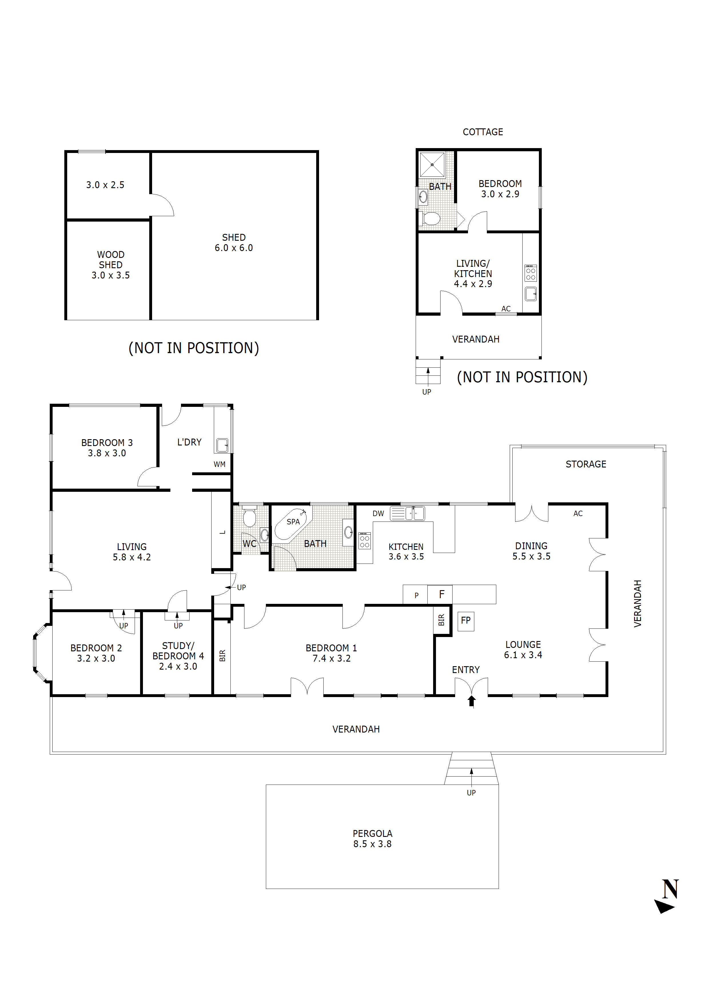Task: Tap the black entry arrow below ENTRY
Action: click(471, 701)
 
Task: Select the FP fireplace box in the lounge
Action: click(466, 620)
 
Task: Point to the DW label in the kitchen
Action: click(378, 514)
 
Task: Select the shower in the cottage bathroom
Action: click(432, 165)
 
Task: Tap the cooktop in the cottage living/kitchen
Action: click(531, 273)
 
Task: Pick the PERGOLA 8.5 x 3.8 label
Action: click(373, 839)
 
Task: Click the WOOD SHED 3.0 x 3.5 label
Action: click(111, 265)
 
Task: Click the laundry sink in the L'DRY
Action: click(222, 445)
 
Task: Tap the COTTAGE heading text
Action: click(483, 132)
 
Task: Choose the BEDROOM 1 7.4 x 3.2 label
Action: click(331, 653)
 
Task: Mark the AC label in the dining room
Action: click(578, 514)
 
